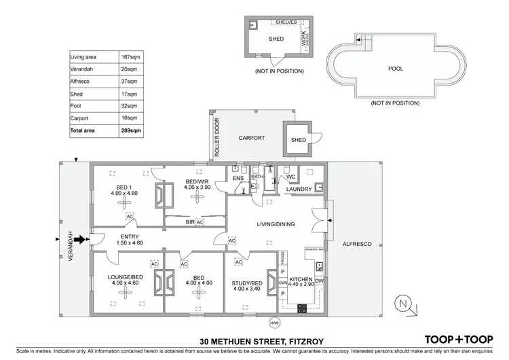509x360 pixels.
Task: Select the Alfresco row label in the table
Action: (x=80, y=81)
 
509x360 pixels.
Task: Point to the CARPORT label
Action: (x=250, y=137)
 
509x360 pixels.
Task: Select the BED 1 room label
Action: (x=124, y=187)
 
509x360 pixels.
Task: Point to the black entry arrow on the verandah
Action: (x=80, y=239)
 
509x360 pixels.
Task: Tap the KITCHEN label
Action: (x=300, y=280)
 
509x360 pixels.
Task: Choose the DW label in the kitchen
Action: (x=319, y=280)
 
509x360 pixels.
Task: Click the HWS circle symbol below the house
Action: (x=274, y=323)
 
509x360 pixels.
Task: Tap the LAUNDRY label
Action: (x=299, y=190)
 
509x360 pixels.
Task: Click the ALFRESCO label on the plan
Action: (x=357, y=243)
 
